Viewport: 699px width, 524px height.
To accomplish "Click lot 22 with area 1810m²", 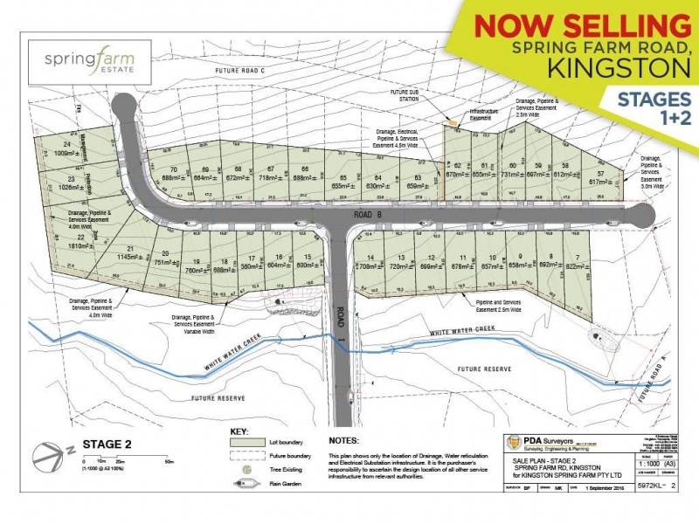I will click(x=80, y=241).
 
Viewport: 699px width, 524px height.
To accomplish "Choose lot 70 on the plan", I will click(x=174, y=173).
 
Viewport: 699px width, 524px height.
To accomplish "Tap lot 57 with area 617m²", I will click(x=599, y=177).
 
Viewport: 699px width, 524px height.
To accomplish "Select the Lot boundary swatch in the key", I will click(x=236, y=446).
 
